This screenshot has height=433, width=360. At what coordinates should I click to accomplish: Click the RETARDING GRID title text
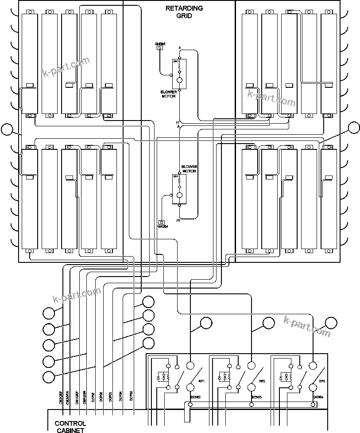pos(184,12)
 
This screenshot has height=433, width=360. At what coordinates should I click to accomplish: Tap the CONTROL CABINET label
pos(70,426)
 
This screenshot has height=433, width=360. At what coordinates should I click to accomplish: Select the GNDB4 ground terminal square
pos(162,222)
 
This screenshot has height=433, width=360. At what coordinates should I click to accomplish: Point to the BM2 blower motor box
pos(179,73)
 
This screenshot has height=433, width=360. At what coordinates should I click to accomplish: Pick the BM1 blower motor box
pos(179,189)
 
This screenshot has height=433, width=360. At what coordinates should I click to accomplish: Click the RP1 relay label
pos(201,381)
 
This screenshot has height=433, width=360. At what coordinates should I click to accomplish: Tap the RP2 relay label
pos(262,381)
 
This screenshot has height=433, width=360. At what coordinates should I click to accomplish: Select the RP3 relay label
pos(322,381)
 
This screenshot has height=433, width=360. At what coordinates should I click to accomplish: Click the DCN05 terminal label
pos(195,397)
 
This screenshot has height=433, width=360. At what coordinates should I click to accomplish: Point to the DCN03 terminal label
pos(257,397)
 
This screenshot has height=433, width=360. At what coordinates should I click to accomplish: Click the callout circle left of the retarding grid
pos(7,129)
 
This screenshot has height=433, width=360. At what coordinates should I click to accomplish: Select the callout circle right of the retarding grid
pos(354,128)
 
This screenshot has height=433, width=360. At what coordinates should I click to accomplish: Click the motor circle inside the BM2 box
pos(180,80)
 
